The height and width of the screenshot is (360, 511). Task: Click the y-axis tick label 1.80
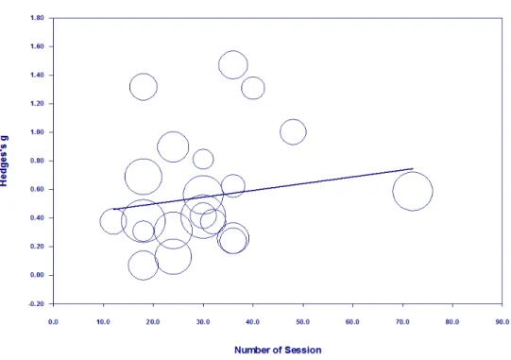37,18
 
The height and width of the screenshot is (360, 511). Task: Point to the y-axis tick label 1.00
37,132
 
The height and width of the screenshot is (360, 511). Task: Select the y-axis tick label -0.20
37,303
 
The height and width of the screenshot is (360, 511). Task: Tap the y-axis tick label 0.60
37,189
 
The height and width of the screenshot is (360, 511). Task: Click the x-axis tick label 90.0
502,322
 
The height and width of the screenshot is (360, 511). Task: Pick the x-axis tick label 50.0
303,322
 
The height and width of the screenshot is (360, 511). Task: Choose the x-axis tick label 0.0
53,322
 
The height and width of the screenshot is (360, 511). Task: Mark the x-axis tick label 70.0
402,322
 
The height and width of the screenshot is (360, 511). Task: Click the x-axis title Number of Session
278,350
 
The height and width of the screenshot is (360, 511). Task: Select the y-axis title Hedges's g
4,161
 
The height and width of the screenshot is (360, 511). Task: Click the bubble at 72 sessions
393,192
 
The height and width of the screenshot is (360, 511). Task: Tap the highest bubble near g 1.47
219,65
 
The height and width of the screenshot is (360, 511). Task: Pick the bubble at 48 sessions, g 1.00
280,132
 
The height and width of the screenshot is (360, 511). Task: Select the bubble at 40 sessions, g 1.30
242,88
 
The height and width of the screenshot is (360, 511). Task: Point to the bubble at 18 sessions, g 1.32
129,87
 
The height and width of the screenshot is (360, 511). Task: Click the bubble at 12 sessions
100,221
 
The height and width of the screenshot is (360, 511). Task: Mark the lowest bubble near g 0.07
128,266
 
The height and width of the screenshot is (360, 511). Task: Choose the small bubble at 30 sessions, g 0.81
193,159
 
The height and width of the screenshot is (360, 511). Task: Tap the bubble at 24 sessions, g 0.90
158,146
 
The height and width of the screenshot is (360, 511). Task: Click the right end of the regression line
413,168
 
